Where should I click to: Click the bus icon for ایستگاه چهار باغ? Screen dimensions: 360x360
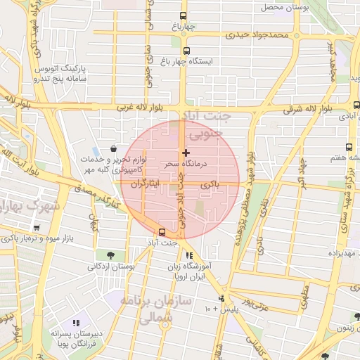pos(186,51)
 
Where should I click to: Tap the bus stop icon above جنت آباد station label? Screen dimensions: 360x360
pos(162,232)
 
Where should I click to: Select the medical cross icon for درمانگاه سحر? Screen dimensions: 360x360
pos(186,153)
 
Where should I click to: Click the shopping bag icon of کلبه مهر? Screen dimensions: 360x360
pos(113,148)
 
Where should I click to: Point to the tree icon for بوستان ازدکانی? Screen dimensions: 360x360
pos(110,255)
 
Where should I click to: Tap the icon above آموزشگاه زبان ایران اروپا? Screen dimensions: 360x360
pos(188,256)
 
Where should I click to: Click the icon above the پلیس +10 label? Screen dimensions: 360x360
pos(221,298)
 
